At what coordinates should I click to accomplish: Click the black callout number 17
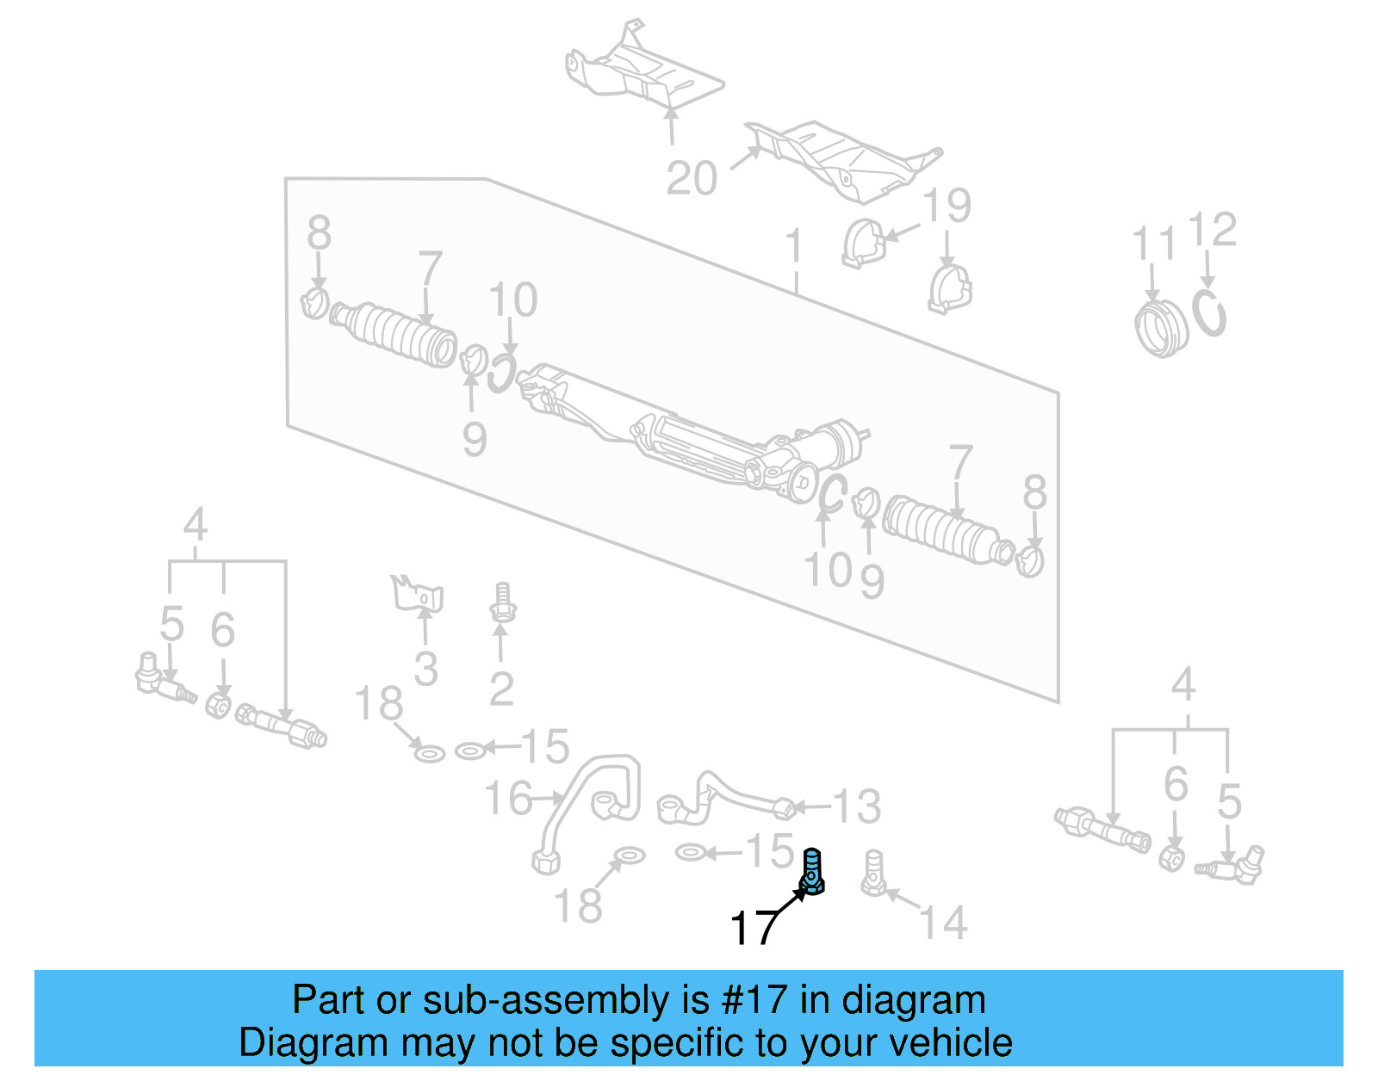pos(753,928)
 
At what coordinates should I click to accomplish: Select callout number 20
pos(691,179)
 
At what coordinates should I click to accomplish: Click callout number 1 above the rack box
pos(794,246)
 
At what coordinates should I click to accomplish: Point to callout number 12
pos(1212,230)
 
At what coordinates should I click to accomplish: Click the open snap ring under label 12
pos(1209,313)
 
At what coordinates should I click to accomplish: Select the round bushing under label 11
pos(1160,328)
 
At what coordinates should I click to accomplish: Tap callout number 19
pos(947,206)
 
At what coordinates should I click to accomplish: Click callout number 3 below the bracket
pos(425,669)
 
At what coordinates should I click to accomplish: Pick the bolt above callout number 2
pos(501,602)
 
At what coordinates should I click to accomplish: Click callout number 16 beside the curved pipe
pos(508,799)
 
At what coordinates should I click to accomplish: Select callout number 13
pos(857,806)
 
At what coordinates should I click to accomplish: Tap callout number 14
pos(944,923)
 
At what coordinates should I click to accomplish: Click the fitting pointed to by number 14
pos(873,873)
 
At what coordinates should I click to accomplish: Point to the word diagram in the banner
pos(913,1000)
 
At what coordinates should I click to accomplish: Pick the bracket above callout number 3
pos(419,593)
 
